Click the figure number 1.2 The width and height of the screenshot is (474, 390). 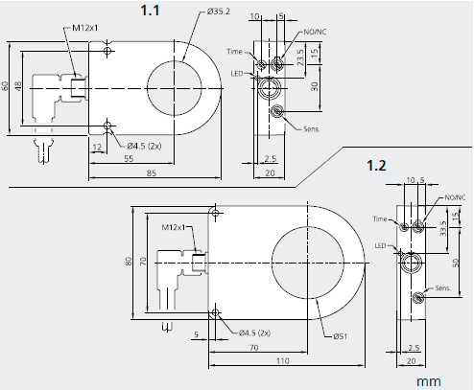[x=377, y=165]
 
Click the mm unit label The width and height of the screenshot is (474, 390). [x=429, y=380]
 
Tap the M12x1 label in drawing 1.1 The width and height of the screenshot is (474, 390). [x=86, y=30]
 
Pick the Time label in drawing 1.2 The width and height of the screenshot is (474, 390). [x=381, y=219]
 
